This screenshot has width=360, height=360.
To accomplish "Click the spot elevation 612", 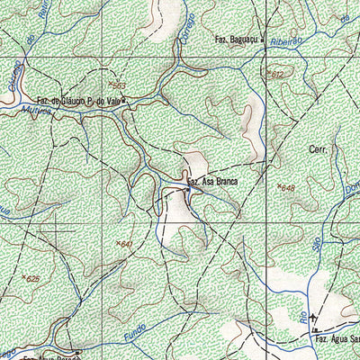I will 275,75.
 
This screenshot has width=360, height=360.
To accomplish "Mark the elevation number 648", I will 287,188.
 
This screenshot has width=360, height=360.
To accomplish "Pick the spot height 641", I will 125,244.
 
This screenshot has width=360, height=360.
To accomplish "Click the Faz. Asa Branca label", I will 215,182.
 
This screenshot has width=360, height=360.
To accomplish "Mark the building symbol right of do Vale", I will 125,102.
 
